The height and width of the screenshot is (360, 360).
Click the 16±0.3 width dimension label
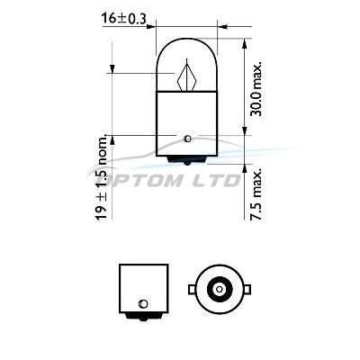[x=123, y=18]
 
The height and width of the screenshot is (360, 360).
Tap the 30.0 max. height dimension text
[x=256, y=89]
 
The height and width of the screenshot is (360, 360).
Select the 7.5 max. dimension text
[x=256, y=193]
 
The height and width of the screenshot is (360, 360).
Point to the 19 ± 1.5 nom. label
[x=102, y=177]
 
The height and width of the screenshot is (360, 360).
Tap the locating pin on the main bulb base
[x=187, y=139]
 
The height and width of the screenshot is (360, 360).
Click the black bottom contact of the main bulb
[x=186, y=160]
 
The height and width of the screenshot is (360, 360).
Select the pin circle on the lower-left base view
[x=143, y=304]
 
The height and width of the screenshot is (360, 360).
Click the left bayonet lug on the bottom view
[x=192, y=289]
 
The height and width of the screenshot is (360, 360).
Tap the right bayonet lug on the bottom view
[x=247, y=289]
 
